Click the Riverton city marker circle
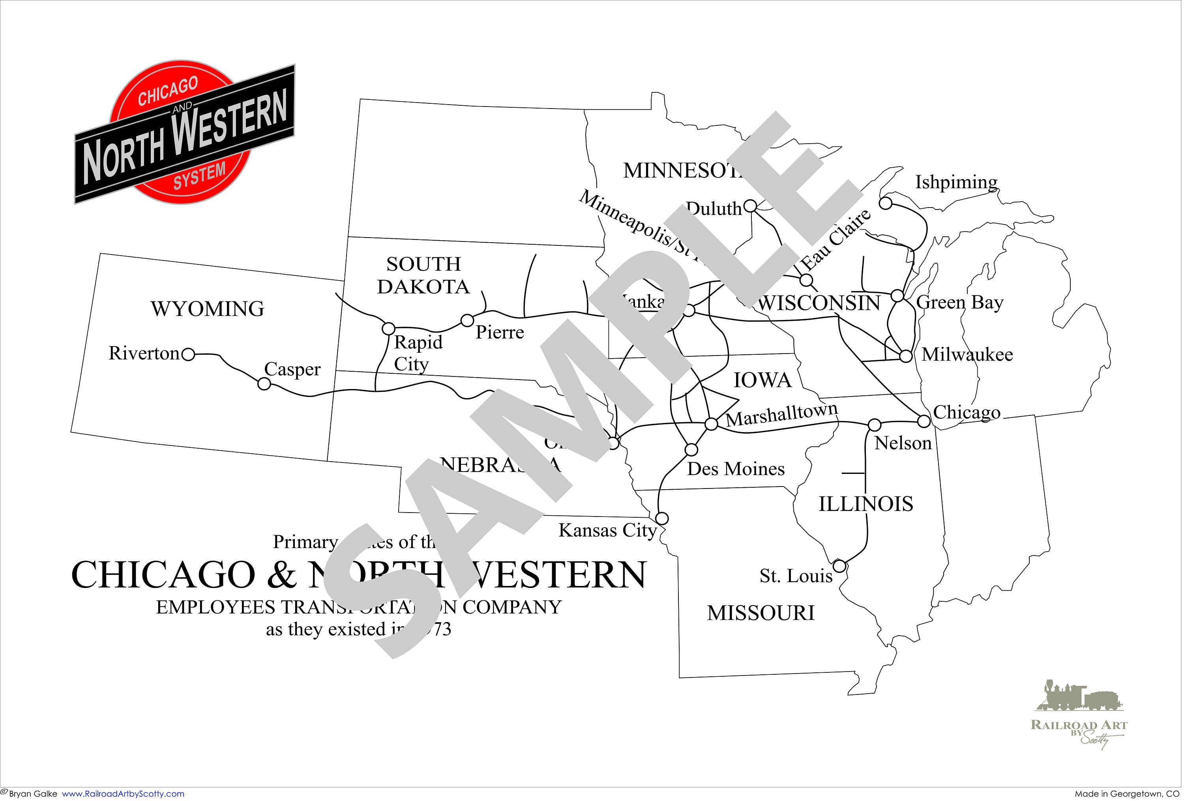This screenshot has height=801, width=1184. [189, 354]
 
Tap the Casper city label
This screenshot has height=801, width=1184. [292, 369]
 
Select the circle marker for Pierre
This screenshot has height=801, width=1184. [467, 321]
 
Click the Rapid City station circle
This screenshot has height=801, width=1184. [389, 328]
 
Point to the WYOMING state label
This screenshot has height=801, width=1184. [207, 309]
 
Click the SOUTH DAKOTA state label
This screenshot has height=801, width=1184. [423, 275]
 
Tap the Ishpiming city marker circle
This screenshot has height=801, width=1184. [886, 204]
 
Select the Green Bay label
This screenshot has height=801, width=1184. [960, 303]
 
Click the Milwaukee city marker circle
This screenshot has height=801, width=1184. [906, 356]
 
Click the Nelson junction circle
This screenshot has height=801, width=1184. [874, 425]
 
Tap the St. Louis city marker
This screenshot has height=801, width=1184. [839, 566]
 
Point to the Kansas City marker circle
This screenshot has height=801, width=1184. [662, 519]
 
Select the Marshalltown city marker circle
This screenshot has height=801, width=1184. [711, 424]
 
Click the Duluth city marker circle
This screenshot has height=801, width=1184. [750, 206]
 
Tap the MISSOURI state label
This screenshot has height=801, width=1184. [761, 613]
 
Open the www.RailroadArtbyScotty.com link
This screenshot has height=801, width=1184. [123, 794]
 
